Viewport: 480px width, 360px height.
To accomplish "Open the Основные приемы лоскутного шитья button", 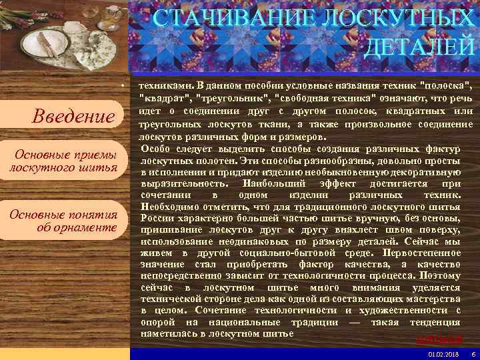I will click(63, 161).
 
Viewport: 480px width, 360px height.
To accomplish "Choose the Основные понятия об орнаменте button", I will click(63, 220).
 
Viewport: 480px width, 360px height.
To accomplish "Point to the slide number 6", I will click(473, 354).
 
